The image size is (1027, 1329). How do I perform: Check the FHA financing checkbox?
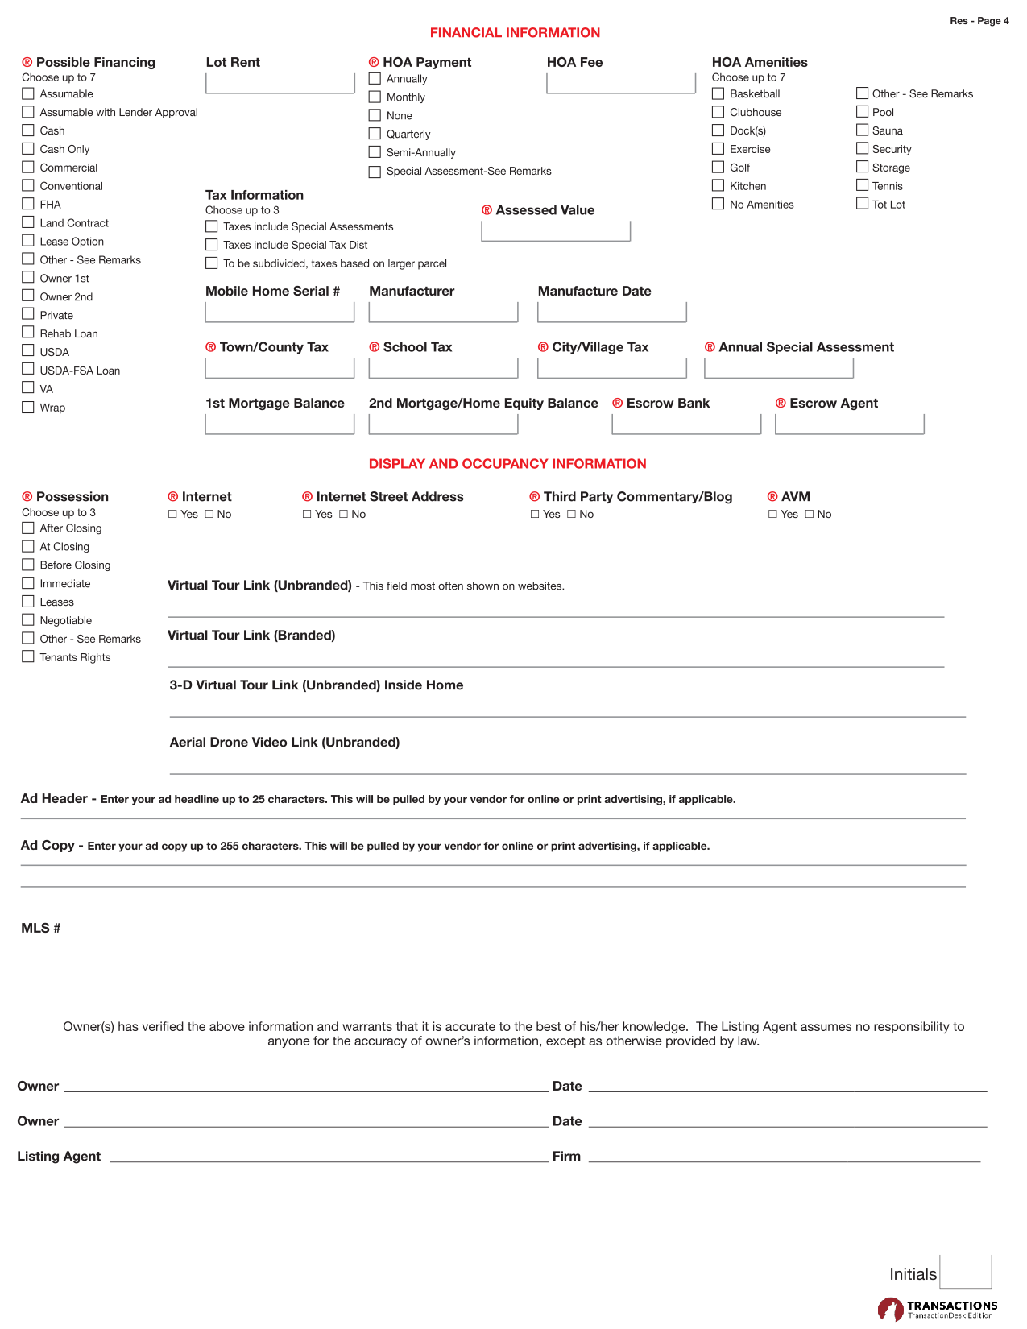point(28,204)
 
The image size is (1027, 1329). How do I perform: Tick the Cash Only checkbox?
point(28,148)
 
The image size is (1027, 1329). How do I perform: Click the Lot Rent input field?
point(280,83)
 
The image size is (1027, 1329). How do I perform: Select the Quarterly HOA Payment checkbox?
point(375,134)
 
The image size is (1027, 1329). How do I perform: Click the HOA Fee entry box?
point(620,83)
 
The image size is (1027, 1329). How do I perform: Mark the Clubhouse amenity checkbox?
point(718,112)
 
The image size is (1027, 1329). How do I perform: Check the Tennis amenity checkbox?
point(862,185)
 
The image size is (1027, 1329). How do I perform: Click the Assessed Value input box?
point(556,231)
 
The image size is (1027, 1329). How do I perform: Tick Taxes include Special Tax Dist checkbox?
point(212,245)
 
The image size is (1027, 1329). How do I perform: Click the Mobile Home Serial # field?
point(280,312)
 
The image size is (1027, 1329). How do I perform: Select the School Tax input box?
point(443,368)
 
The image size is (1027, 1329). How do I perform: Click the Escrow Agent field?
point(849,424)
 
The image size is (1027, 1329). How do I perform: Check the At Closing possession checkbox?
point(28,546)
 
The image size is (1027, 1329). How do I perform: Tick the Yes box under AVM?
point(772,514)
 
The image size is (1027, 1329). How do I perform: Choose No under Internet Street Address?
point(343,514)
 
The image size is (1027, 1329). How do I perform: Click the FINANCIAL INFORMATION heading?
point(515,33)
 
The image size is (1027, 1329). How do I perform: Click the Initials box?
point(965,1273)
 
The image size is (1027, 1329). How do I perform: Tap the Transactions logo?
point(937,1309)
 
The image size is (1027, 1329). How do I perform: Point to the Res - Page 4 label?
point(979,21)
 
